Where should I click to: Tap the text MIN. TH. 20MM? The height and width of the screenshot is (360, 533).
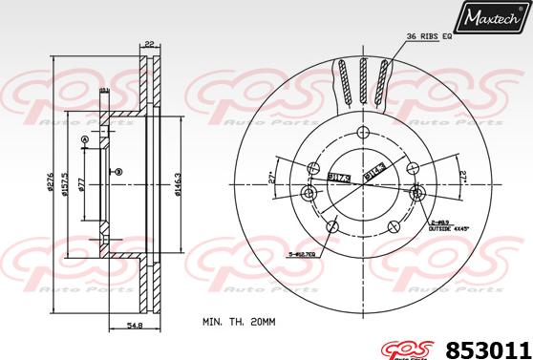[x=239, y=323]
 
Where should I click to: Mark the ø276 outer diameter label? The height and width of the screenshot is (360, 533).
[x=50, y=180]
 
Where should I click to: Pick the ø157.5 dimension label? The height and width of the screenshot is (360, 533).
[x=64, y=180]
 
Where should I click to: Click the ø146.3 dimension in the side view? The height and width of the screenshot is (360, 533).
[x=179, y=180]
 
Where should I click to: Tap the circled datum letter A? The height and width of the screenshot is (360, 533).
[x=85, y=141]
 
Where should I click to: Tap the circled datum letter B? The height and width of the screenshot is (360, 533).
[x=118, y=172]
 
